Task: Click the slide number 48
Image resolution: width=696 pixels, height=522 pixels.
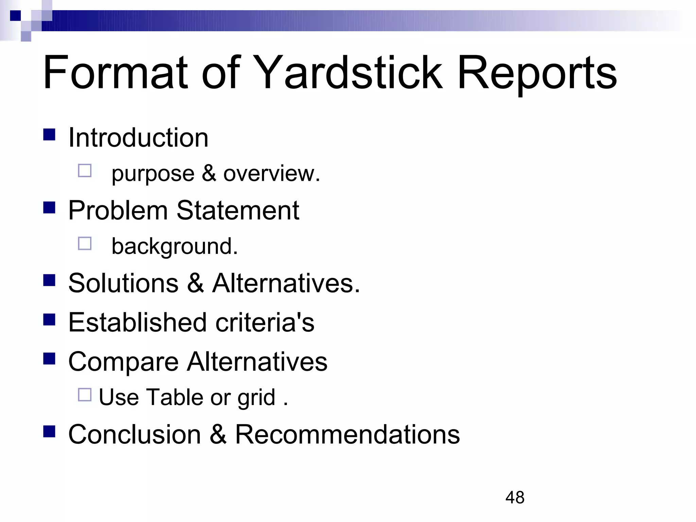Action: coord(515,498)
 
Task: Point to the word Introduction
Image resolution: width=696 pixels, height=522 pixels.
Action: coord(138,138)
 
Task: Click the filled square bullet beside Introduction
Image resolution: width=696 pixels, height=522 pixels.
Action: coord(49,135)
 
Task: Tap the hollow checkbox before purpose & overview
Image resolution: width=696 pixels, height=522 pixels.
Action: coord(85,171)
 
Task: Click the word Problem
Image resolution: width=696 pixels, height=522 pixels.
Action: coord(118,210)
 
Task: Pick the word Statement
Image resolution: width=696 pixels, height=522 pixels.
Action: coord(238,210)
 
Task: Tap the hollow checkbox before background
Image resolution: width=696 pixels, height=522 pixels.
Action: coord(85,243)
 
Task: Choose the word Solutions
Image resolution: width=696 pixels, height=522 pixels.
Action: coord(123,283)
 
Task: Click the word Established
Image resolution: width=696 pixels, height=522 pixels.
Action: coord(138,322)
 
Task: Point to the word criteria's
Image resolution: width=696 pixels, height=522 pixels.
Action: coord(265,322)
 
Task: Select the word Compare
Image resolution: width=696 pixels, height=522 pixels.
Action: coord(123,362)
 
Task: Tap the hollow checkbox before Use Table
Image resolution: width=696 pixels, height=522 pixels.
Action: coord(85,395)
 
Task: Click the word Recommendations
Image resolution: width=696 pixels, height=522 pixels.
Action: coord(347,434)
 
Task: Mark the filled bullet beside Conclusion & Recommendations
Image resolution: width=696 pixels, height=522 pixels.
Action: coord(49,431)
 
